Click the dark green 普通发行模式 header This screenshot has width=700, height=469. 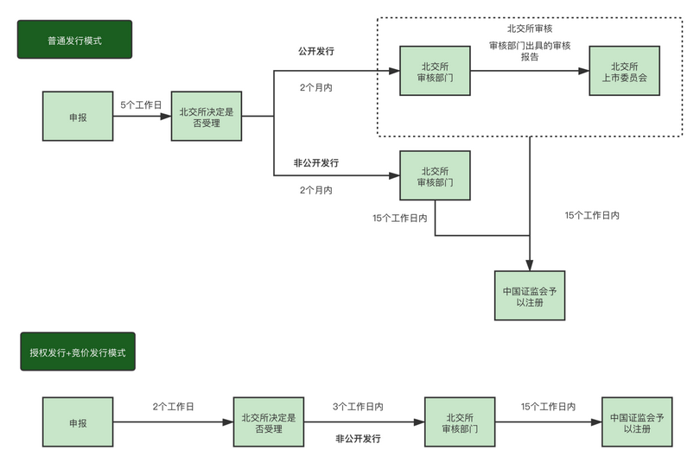pyautogui.click(x=74, y=40)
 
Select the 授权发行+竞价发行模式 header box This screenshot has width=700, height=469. pyautogui.click(x=78, y=352)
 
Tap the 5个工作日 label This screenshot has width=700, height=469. pyautogui.click(x=141, y=105)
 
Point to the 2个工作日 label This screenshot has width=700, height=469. pyautogui.click(x=173, y=405)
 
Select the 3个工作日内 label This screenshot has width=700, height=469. pyautogui.click(x=358, y=405)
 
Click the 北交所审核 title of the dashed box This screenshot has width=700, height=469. pyautogui.click(x=530, y=29)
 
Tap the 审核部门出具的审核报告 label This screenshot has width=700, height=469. pyautogui.click(x=530, y=51)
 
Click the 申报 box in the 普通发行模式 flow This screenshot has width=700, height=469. pyautogui.click(x=78, y=116)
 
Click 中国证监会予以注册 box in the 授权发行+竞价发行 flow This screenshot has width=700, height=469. pyautogui.click(x=637, y=422)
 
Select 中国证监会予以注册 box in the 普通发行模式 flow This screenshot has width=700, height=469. pyautogui.click(x=530, y=296)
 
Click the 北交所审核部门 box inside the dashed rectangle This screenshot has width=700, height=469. pyautogui.click(x=435, y=72)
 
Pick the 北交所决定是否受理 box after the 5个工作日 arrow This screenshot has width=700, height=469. pyautogui.click(x=206, y=116)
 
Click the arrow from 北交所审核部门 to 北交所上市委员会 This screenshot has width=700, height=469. pyautogui.click(x=529, y=72)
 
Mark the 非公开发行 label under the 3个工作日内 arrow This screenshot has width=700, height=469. pyautogui.click(x=358, y=439)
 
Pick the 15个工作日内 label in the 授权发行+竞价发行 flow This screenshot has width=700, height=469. pyautogui.click(x=549, y=405)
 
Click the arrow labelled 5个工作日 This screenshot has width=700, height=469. pyautogui.click(x=142, y=116)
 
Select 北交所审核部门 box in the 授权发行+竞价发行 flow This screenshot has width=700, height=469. pyautogui.click(x=460, y=422)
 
